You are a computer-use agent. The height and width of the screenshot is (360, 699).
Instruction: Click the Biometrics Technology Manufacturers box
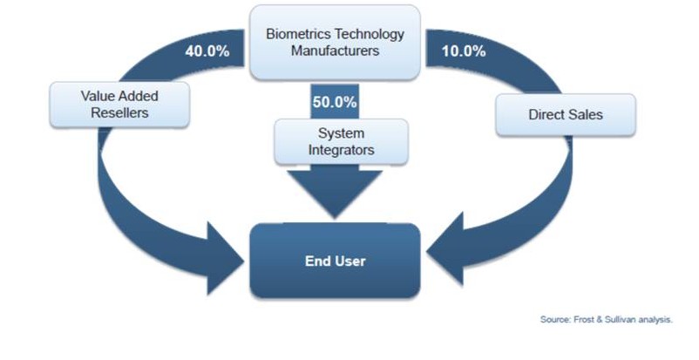(x=335, y=43)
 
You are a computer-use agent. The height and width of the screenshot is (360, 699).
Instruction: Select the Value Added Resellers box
(x=119, y=105)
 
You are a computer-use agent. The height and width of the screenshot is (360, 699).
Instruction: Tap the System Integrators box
(x=341, y=141)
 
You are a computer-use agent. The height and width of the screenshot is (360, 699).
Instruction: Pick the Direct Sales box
(x=566, y=115)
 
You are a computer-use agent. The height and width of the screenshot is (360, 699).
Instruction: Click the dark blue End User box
(x=335, y=261)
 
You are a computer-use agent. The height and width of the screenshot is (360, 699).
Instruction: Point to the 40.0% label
(x=207, y=51)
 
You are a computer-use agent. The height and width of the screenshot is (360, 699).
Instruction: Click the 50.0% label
(x=335, y=102)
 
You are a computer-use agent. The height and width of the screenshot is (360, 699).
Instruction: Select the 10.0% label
(x=464, y=51)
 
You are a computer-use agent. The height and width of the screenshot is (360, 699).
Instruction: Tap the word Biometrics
(x=298, y=34)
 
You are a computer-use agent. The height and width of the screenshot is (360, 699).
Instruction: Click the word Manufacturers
(x=336, y=51)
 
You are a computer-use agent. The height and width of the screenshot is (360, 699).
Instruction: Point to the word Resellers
(x=119, y=112)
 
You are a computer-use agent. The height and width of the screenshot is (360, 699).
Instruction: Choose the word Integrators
(x=341, y=150)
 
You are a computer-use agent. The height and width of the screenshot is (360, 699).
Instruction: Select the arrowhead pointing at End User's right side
(x=445, y=250)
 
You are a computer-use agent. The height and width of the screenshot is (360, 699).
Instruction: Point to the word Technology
(x=370, y=34)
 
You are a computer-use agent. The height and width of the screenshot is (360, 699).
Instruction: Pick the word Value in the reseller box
(x=95, y=96)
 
